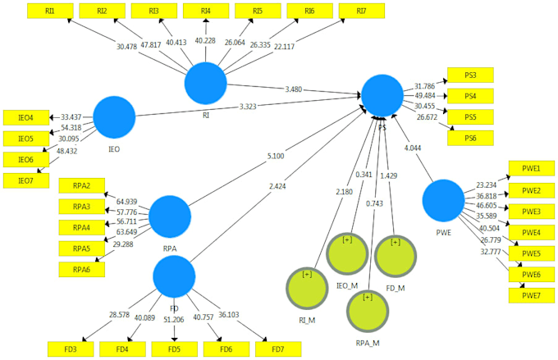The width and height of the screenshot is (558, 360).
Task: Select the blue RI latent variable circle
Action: (205, 84)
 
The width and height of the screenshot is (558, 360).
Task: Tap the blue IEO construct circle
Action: (114, 116)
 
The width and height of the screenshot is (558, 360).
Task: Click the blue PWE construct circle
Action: (444, 201)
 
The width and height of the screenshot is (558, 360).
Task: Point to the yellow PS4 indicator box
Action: (469, 96)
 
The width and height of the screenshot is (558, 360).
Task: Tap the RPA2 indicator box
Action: (81, 185)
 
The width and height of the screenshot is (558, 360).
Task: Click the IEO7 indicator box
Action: (25, 180)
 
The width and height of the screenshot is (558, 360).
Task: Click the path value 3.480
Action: (293, 89)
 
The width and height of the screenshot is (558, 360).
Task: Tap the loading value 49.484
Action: (425, 96)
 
